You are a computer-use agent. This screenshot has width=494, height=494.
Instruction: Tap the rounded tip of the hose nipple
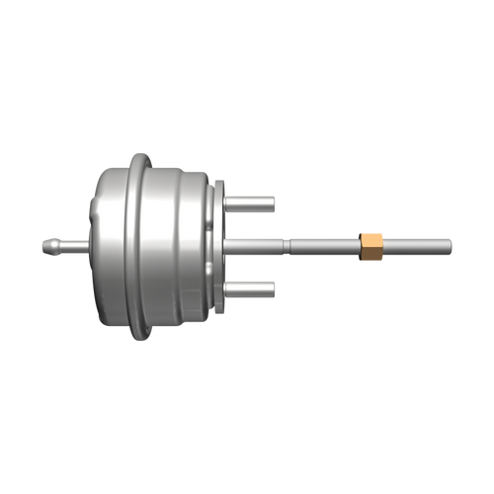(x=44, y=243)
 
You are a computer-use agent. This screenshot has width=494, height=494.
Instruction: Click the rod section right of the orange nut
(x=415, y=243)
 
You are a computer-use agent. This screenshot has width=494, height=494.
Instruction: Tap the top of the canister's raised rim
(x=140, y=156)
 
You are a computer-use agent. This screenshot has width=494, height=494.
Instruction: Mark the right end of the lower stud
(x=271, y=288)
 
